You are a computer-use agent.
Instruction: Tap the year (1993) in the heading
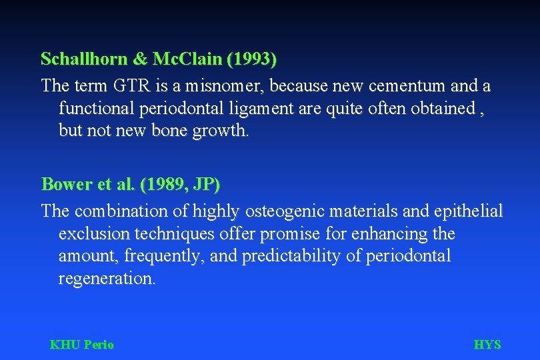pos(252,59)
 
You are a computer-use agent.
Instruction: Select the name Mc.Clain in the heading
pos(188,59)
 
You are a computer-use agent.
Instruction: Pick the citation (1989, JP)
pos(180,183)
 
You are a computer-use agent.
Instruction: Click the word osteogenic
pos(288,211)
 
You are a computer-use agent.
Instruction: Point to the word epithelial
pos(467,211)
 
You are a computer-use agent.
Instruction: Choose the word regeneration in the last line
pos(107,278)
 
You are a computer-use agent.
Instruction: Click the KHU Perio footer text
pos(82,345)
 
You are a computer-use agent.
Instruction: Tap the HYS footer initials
pos(487,345)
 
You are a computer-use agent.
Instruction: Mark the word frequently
pos(169,256)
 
